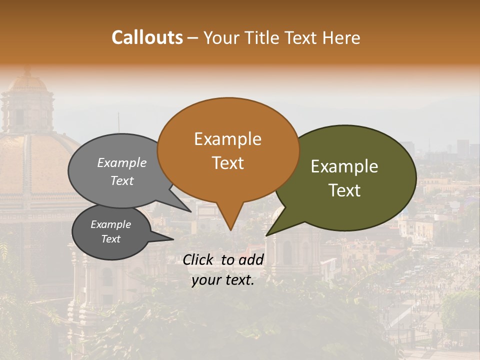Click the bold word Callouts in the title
point(147,37)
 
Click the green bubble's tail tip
point(266,235)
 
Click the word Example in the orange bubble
point(227,139)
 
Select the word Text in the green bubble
point(344,190)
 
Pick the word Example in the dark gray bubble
point(110,224)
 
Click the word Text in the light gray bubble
point(122,180)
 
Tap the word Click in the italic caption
point(199,259)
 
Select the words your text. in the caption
point(222,280)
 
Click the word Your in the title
point(221,37)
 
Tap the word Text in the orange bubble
point(227,163)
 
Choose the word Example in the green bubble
point(344,166)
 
